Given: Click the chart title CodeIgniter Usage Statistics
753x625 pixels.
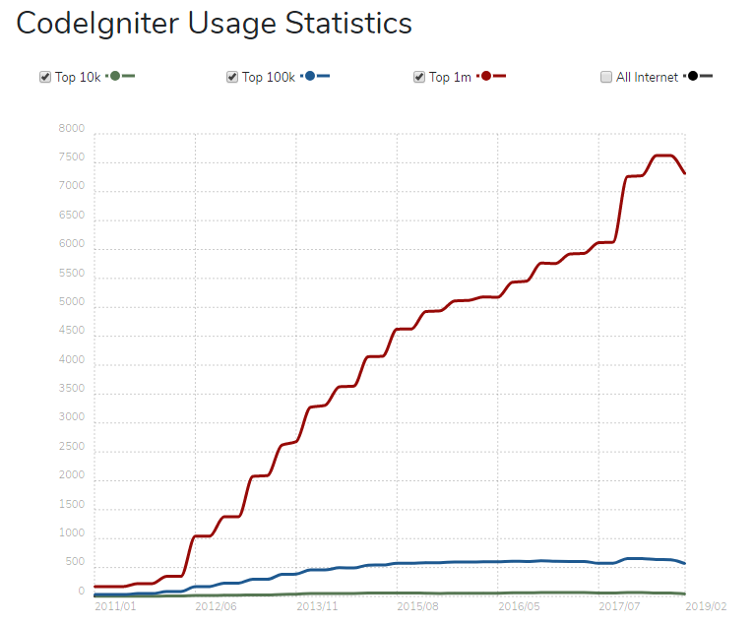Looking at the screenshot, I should point(214,24).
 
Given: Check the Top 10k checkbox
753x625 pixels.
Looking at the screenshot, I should point(44,77).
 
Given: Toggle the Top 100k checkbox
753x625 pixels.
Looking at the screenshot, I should point(232,77).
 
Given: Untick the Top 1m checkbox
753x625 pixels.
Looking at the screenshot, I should point(419,77).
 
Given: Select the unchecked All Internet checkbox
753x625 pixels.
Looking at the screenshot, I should point(606,77).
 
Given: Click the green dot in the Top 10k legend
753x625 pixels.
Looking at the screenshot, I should point(115,76).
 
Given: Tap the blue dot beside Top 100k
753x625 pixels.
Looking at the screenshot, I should point(310,76).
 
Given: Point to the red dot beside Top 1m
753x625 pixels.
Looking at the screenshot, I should point(486,76).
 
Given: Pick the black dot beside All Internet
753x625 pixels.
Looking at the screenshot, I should point(693,76).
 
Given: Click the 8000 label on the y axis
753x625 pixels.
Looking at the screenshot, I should point(73,129).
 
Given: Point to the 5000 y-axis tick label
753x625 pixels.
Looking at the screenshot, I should point(73,302).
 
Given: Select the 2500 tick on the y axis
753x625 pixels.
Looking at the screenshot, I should point(73,447).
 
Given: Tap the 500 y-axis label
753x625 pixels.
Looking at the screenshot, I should point(75,562).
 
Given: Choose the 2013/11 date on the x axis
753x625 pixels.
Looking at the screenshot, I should point(317,606).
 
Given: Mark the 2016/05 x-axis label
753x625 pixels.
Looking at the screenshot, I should point(519,606).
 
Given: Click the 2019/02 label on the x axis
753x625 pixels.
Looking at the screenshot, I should point(707,606).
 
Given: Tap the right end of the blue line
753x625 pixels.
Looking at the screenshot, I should point(685,563).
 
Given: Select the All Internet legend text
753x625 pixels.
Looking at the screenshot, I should point(647,77).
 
